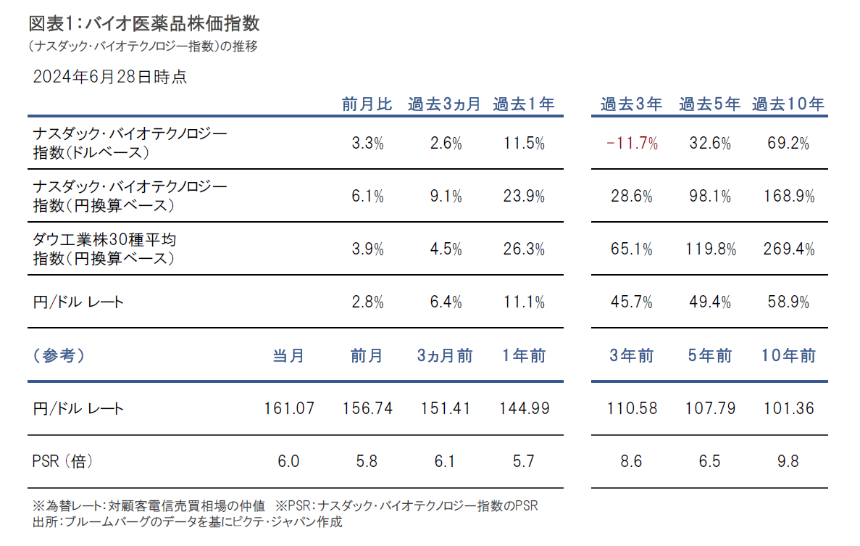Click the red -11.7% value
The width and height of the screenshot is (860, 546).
click(x=632, y=144)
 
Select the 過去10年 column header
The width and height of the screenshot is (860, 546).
click(x=788, y=104)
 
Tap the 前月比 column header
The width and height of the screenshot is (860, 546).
click(x=367, y=104)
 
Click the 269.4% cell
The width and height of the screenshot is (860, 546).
click(x=788, y=249)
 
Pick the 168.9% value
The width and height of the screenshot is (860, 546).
click(x=788, y=197)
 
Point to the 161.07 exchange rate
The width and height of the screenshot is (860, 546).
click(x=289, y=408)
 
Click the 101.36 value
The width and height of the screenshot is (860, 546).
click(x=788, y=408)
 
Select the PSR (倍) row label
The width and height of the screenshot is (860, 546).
click(x=63, y=461)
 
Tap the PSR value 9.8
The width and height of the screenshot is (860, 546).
click(x=788, y=461)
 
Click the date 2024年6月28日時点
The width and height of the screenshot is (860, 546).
click(x=110, y=77)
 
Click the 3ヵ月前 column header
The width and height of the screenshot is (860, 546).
click(x=445, y=356)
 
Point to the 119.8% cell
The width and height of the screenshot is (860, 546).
click(x=710, y=249)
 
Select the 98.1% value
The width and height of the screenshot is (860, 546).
click(x=710, y=197)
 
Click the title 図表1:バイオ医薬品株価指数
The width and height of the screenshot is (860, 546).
click(x=144, y=23)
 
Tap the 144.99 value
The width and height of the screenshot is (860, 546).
click(x=524, y=408)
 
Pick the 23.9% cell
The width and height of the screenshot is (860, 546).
click(x=524, y=197)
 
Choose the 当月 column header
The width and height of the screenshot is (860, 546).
click(x=289, y=356)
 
